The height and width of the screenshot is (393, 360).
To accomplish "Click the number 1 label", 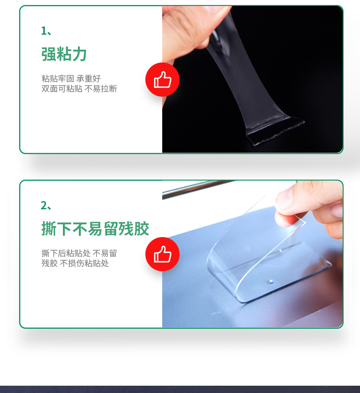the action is (x=44, y=31).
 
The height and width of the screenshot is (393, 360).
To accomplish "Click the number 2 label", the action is (x=44, y=206).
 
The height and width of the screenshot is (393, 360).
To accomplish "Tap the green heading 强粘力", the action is (x=64, y=54).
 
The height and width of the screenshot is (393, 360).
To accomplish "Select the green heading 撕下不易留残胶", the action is (x=95, y=228).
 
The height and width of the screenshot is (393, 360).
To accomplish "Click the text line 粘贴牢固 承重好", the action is (x=71, y=78).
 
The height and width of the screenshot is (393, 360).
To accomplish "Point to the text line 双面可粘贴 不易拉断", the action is (x=79, y=88).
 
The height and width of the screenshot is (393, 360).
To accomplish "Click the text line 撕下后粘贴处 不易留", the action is (x=79, y=253).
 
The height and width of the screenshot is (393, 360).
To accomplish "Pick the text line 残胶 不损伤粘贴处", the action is (x=75, y=263).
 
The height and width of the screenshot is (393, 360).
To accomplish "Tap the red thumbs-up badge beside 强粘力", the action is (x=162, y=80).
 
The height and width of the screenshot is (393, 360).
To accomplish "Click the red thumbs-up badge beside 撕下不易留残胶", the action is (x=162, y=254).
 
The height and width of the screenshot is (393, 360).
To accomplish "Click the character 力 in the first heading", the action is (x=79, y=54).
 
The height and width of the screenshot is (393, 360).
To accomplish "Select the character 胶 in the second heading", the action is (x=142, y=228).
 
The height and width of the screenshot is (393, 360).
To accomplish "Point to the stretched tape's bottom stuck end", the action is (x=276, y=131).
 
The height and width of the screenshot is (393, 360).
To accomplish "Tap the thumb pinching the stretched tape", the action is (x=193, y=25).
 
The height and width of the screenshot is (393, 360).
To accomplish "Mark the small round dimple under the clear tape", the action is (x=270, y=282).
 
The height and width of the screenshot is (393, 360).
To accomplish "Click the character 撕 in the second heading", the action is (x=49, y=228).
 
